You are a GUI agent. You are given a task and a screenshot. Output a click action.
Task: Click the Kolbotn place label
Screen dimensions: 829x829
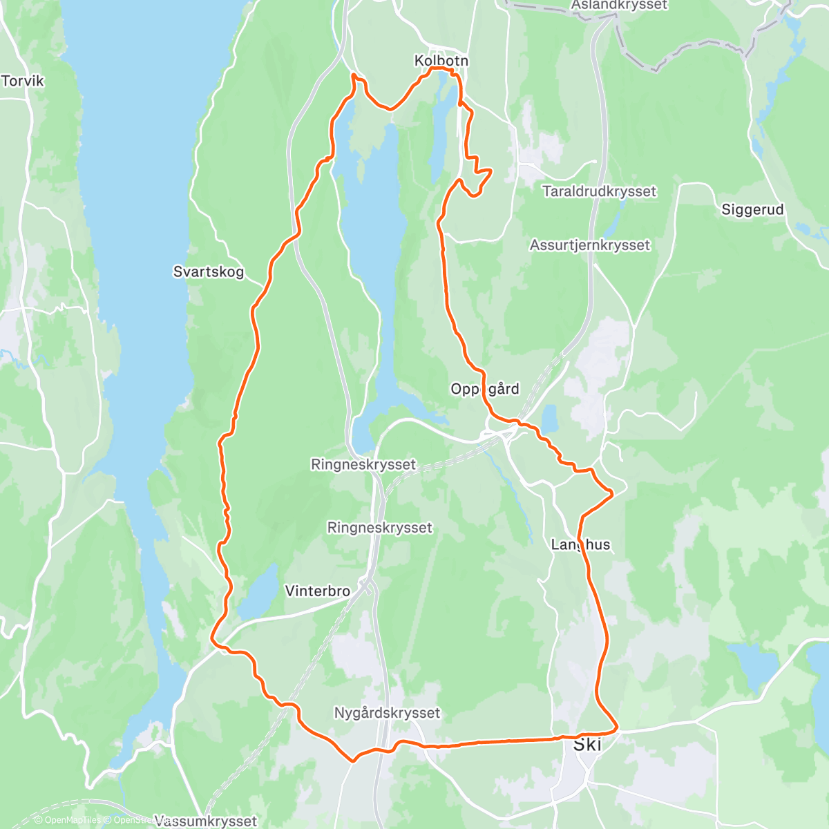pyautogui.click(x=441, y=61)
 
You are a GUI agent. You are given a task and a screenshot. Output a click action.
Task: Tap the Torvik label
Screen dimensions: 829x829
pyautogui.click(x=22, y=81)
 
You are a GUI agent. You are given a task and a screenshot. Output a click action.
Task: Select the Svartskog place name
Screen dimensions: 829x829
pyautogui.click(x=208, y=271)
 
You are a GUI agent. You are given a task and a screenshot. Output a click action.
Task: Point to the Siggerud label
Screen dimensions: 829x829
pyautogui.click(x=752, y=209)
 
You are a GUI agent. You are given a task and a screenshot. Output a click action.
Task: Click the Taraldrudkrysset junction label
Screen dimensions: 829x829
pyautogui.click(x=599, y=191)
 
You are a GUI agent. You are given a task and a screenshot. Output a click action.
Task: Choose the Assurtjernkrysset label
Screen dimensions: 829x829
pyautogui.click(x=590, y=245)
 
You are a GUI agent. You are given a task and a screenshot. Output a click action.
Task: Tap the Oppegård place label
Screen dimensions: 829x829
pyautogui.click(x=484, y=389)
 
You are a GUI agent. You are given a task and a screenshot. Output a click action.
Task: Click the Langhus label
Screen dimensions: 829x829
pyautogui.click(x=580, y=544)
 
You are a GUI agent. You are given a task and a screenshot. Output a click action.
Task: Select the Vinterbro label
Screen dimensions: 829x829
pyautogui.click(x=317, y=591)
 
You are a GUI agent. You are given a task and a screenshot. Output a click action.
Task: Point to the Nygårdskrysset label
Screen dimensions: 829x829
pyautogui.click(x=387, y=712)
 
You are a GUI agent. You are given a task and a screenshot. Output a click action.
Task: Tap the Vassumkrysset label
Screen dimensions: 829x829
pyautogui.click(x=205, y=821)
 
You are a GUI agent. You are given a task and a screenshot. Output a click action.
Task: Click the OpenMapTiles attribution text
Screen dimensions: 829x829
pyautogui.click(x=68, y=820)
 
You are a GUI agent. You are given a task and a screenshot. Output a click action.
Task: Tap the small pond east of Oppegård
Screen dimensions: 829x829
pyautogui.click(x=549, y=419)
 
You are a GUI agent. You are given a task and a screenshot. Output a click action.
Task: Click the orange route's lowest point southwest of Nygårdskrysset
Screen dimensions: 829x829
pyautogui.click(x=353, y=761)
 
